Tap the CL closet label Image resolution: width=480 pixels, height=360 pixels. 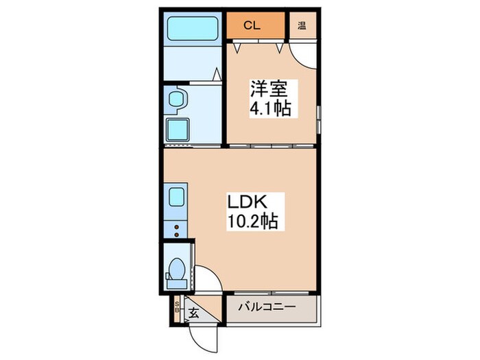(252, 27)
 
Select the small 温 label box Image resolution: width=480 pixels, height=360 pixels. (302, 27)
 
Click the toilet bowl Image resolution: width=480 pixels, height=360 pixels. (176, 269)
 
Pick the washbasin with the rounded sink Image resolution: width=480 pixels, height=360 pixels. (175, 99)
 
